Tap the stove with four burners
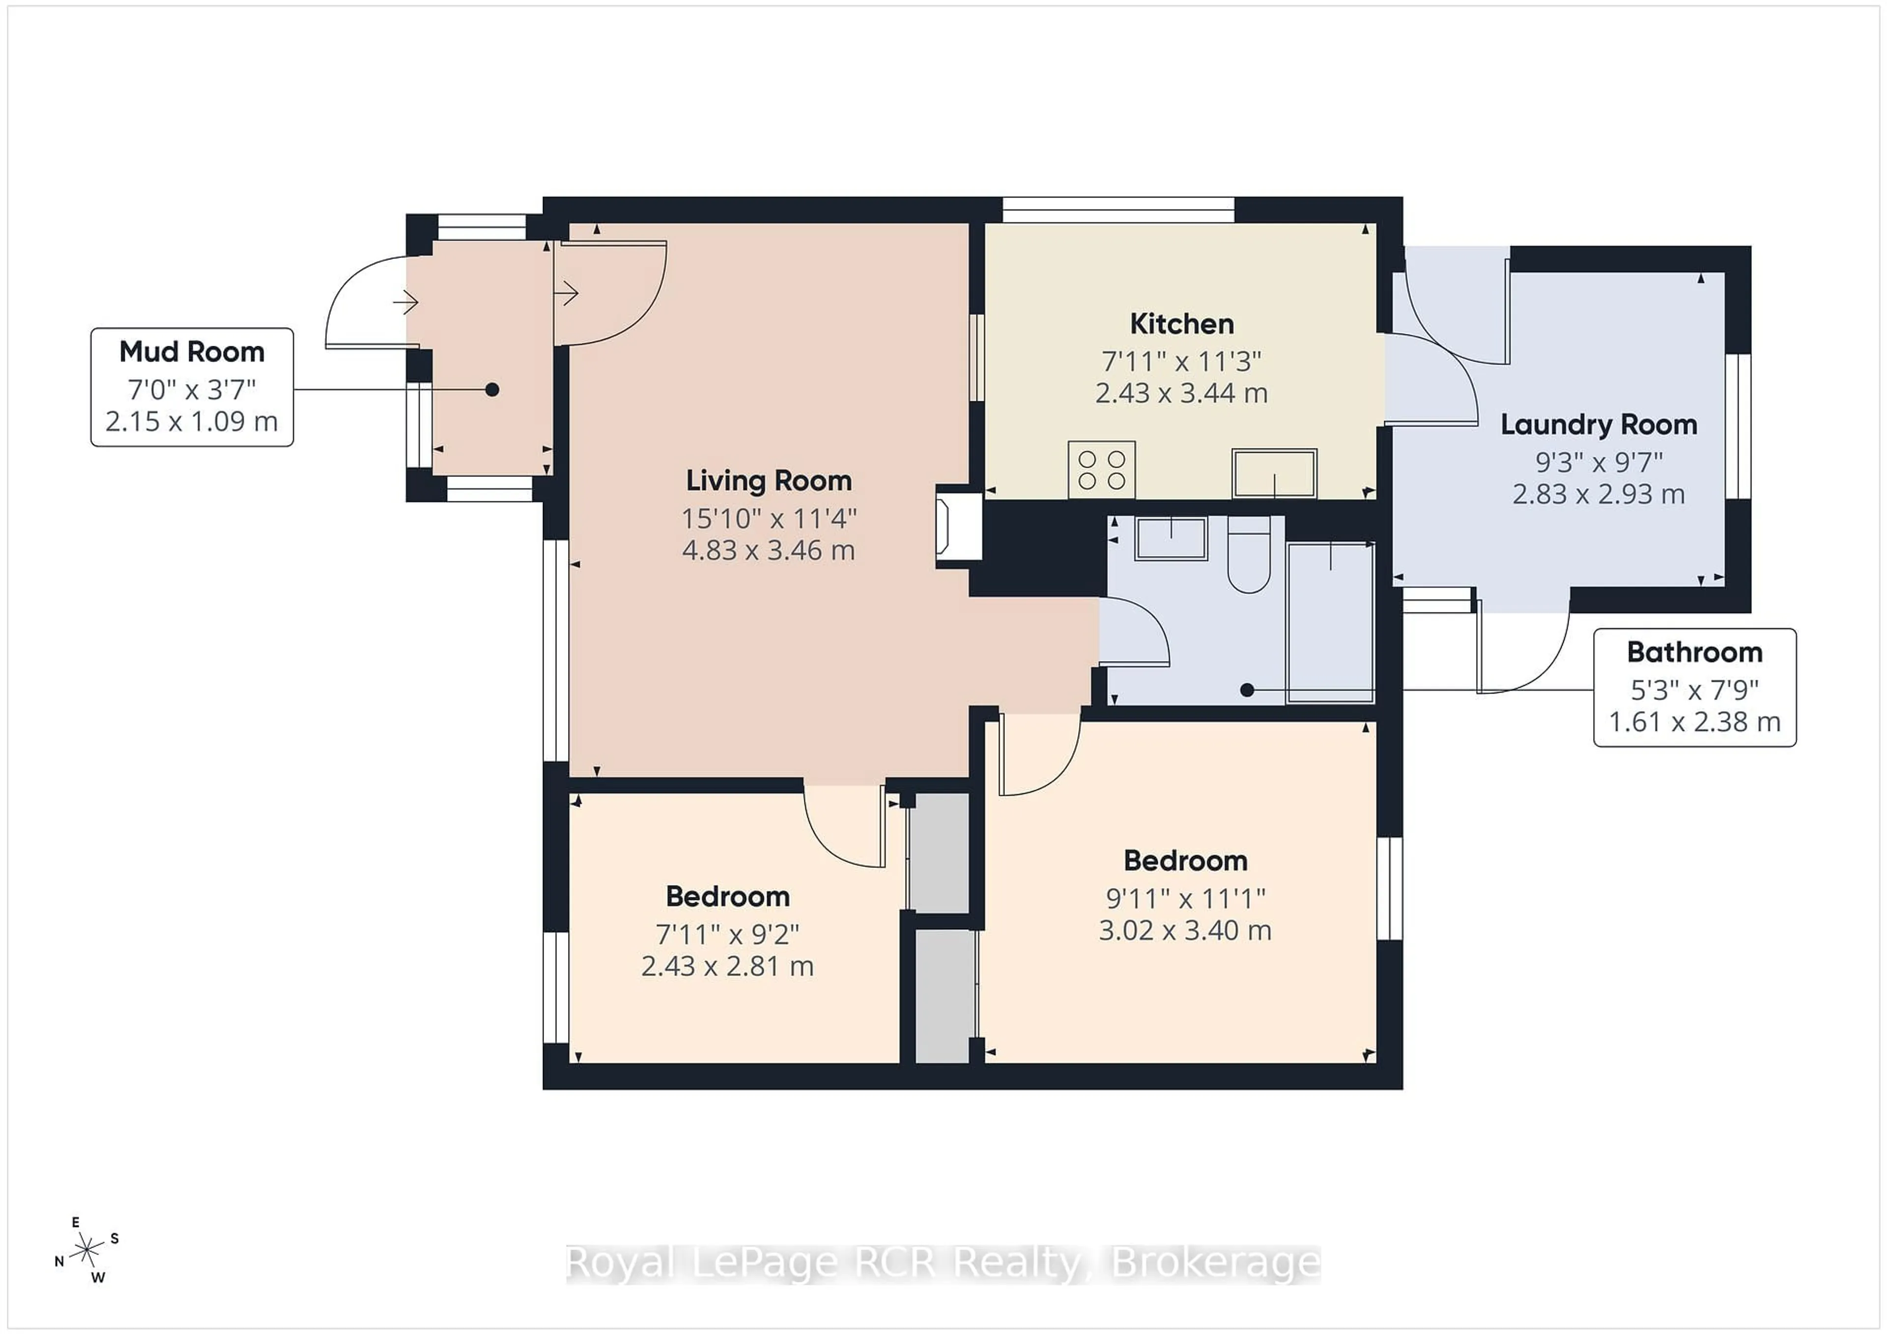pos(1101,470)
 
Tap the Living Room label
pos(769,480)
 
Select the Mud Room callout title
pos(192,352)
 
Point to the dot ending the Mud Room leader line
pos(491,389)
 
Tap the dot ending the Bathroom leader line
pos(1247,690)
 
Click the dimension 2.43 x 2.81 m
pos(727,966)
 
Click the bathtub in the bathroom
pos(1330,622)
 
